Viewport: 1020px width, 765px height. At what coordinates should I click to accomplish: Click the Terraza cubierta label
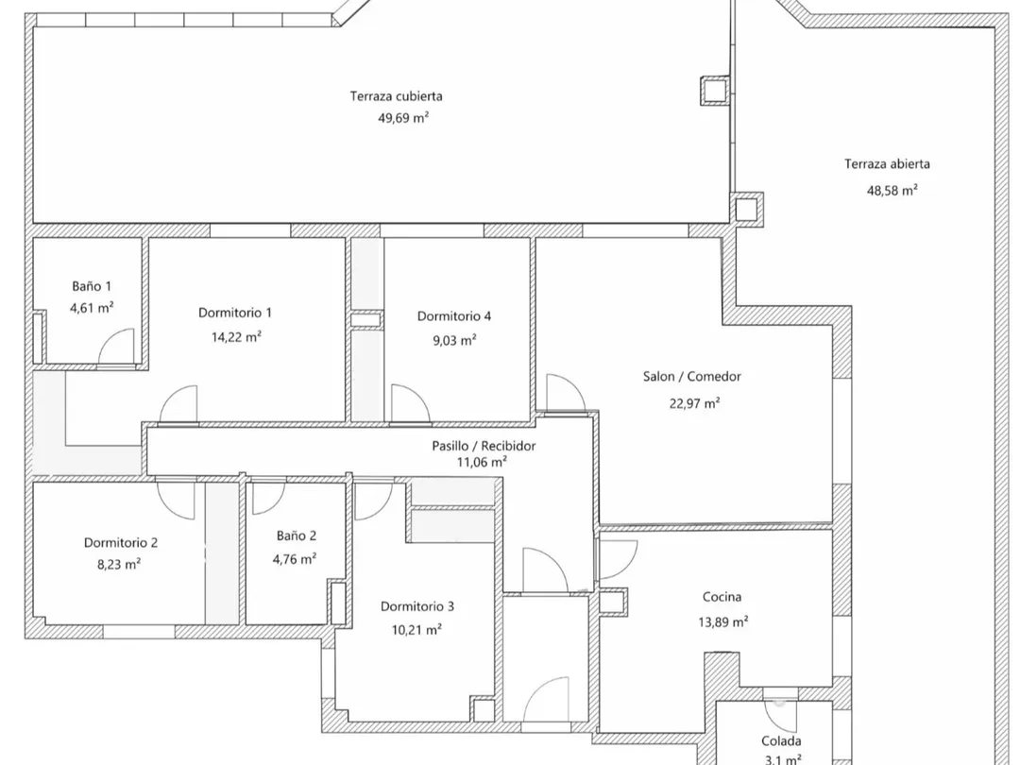[396, 95]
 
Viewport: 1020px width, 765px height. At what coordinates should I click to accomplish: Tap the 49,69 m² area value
[403, 118]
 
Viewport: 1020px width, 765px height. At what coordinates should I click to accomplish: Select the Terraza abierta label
[887, 164]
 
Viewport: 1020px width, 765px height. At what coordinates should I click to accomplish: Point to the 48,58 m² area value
[892, 189]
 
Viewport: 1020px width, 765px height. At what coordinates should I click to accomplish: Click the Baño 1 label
[93, 285]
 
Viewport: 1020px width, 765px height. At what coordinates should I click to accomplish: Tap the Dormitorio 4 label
[454, 316]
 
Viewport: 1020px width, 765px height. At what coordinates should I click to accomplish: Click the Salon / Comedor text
[692, 377]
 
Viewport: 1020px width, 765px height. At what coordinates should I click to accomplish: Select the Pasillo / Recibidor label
[484, 446]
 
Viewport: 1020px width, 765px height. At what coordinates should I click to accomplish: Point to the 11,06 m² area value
[482, 462]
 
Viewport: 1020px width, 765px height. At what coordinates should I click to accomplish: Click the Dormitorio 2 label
[120, 543]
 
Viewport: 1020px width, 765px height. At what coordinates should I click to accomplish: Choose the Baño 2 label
[297, 535]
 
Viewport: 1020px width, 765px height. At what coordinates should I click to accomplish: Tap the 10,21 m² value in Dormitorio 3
[416, 629]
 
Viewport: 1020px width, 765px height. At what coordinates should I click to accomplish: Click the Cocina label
[722, 597]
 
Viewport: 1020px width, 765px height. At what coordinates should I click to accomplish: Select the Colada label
[781, 741]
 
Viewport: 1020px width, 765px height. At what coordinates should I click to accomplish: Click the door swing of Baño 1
[117, 348]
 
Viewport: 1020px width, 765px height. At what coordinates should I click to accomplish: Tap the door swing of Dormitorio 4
[410, 402]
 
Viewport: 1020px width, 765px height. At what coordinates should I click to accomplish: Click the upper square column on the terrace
[712, 90]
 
